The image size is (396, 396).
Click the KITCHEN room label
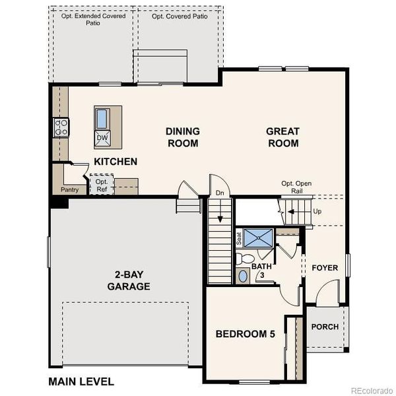pos(115,162)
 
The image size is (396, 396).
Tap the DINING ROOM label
pos(182,137)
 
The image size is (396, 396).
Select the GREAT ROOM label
pos(282,137)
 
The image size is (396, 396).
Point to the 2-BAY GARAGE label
pos(129,281)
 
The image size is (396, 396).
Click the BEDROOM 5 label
pos(245,334)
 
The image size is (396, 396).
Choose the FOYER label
pos(325,268)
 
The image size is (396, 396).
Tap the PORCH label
pos(325,327)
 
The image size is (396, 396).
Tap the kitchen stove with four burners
pos(61,127)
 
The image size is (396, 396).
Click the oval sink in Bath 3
pos(243,276)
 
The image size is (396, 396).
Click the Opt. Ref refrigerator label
pos(102,185)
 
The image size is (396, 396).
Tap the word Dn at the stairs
pos(219,193)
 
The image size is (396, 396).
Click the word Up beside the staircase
pos(317,212)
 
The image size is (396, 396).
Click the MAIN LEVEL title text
pos(81,381)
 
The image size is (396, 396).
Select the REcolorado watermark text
pos(372,389)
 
